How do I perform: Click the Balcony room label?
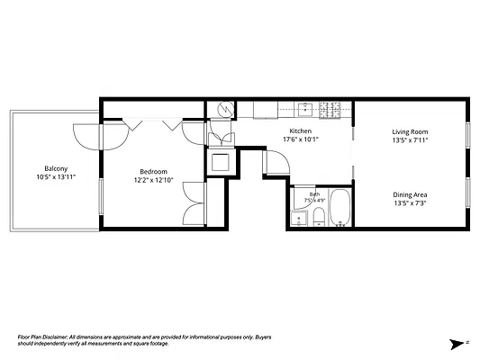[56, 168]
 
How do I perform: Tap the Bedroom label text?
[153, 172]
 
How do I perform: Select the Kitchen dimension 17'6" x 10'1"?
[301, 139]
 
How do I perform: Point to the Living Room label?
[410, 131]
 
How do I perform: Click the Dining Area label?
[410, 194]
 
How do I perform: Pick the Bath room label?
[314, 194]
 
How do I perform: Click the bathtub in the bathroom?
[340, 208]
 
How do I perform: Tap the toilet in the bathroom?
[319, 217]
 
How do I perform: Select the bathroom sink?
[299, 219]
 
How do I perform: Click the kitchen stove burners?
[330, 110]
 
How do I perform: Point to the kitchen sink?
[305, 109]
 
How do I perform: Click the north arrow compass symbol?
[458, 344]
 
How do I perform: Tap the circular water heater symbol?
[226, 109]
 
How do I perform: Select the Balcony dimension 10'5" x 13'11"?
[56, 177]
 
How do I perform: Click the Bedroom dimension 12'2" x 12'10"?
[154, 180]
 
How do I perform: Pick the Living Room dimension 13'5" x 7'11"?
[410, 140]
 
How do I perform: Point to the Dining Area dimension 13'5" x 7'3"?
[410, 203]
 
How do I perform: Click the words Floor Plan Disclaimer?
[42, 337]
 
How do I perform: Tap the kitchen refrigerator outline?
[266, 110]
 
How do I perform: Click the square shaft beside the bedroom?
[221, 162]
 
